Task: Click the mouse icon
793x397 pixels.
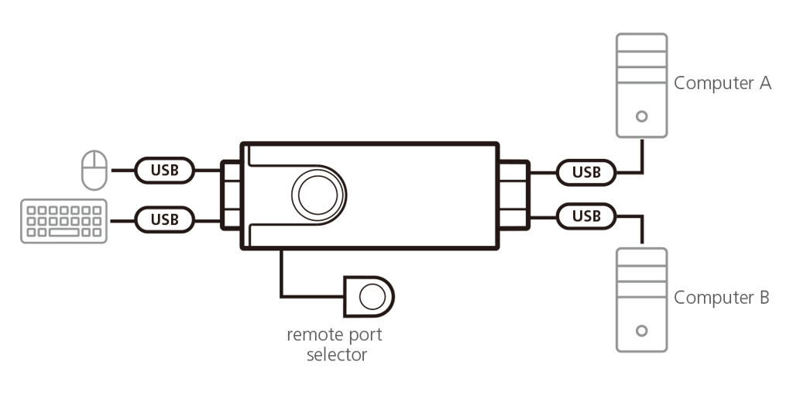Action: coord(94,170)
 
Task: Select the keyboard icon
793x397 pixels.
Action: coord(64,221)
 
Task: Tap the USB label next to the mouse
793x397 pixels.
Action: coord(164,170)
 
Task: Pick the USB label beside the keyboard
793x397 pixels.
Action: coord(164,219)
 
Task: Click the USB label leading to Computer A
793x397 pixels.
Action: coord(586,173)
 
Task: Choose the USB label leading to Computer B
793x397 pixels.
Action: coord(586,216)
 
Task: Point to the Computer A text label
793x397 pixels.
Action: coord(723,82)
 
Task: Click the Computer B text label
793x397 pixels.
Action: coord(721,297)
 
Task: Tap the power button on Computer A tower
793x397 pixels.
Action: coord(642,116)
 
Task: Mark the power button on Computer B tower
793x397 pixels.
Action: coord(642,330)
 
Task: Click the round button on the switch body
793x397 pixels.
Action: coord(318,195)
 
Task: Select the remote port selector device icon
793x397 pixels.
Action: coord(369,297)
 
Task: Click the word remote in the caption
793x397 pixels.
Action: coord(314,335)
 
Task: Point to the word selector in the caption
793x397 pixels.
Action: coord(337,354)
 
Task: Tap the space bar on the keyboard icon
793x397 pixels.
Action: coord(64,233)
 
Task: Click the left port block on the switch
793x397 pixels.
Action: coord(231,195)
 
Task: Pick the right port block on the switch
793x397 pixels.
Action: coord(514,195)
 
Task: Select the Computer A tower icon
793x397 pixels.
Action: coord(642,85)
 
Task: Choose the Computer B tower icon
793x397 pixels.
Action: coord(642,300)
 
